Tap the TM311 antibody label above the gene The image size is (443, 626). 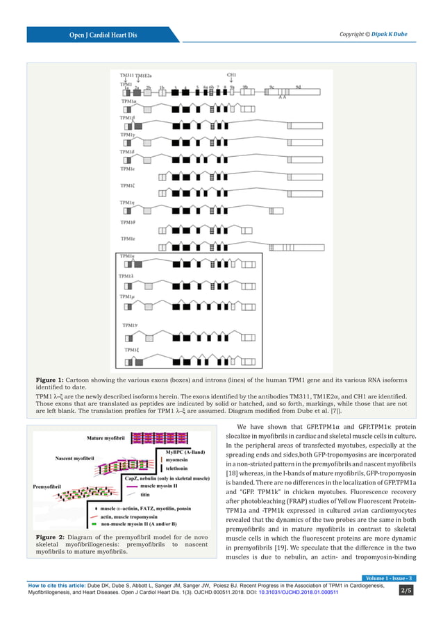pyautogui.click(x=126, y=76)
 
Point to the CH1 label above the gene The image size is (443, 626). pyautogui.click(x=232, y=75)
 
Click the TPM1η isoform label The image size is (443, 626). pyautogui.click(x=127, y=202)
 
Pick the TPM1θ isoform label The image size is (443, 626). pyautogui.click(x=128, y=222)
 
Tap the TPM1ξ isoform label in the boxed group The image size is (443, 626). pyautogui.click(x=131, y=350)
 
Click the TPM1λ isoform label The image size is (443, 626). pyautogui.click(x=127, y=276)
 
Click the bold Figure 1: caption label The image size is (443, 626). pyautogui.click(x=50, y=380)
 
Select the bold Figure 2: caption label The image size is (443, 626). pyautogui.click(x=50, y=538)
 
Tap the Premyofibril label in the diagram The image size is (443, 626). pyautogui.click(x=49, y=487)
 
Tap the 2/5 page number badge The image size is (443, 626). pyautogui.click(x=406, y=591)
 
